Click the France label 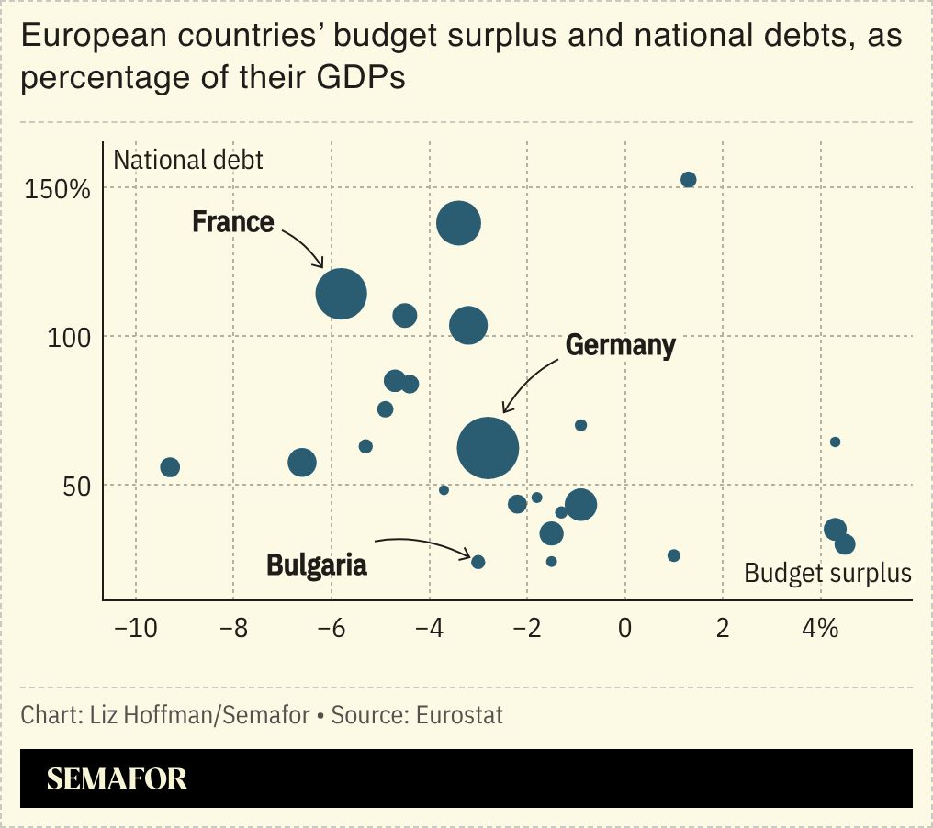coord(232,222)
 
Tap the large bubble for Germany coord(488,448)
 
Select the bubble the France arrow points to coord(341,294)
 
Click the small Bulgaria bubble coord(478,562)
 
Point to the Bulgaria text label coord(317,565)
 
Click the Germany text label coord(621,345)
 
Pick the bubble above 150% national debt coord(688,180)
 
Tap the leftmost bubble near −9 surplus coord(169,467)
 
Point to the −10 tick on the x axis coord(135,629)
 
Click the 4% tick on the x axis coord(820,629)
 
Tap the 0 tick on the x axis coord(624,629)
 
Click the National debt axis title coord(188,160)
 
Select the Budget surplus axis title coord(827,574)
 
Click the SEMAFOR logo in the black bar coord(117,779)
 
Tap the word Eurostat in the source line coord(459,715)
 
